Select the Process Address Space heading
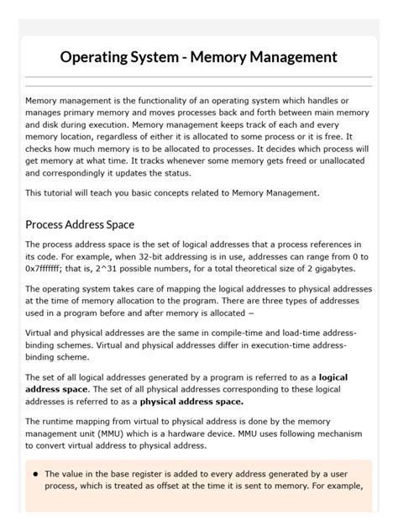coord(80,224)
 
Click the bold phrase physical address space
coord(191,402)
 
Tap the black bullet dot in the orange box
coord(35,474)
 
